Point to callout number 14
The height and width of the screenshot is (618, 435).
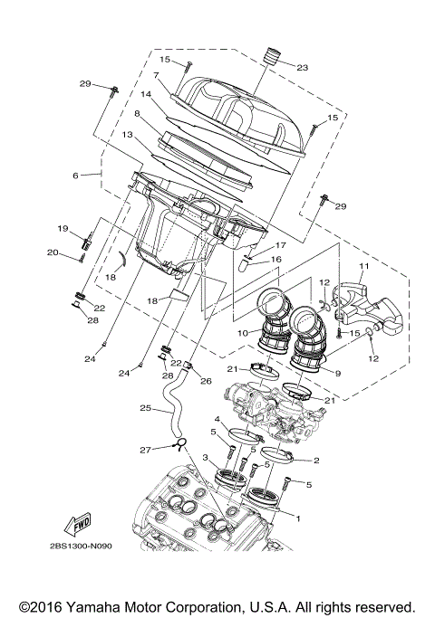coord(145,94)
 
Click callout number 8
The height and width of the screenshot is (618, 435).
coord(137,115)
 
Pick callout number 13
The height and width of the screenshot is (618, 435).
coord(128,134)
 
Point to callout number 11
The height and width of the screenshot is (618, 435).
coord(363,266)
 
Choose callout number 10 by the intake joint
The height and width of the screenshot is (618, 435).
coord(243,333)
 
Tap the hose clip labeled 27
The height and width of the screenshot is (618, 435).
coord(180,443)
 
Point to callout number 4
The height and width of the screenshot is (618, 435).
coord(217,418)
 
